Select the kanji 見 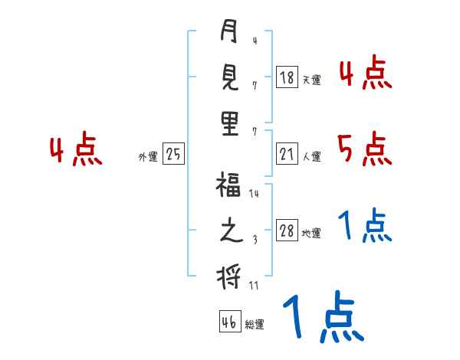(x=229, y=78)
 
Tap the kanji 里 (x=229, y=123)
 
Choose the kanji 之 (x=229, y=232)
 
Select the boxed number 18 (x=287, y=77)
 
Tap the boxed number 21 (x=287, y=155)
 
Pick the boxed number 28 (x=287, y=231)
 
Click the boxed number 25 (x=173, y=155)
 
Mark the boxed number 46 (x=229, y=322)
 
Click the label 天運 (x=311, y=80)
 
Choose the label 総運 (x=255, y=325)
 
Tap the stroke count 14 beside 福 (x=254, y=195)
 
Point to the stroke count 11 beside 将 (x=254, y=285)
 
